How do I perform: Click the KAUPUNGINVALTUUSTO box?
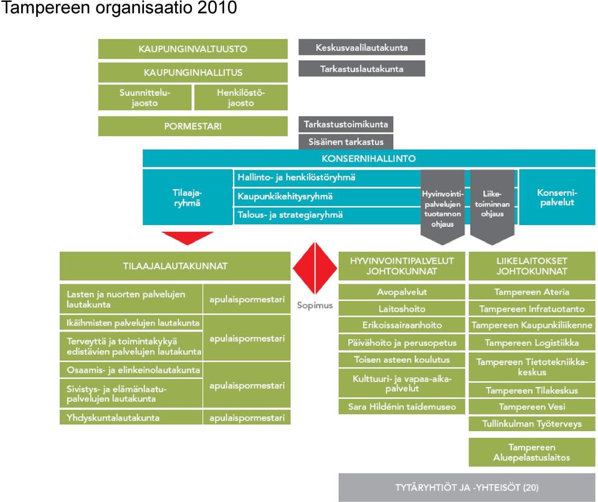click(x=192, y=49)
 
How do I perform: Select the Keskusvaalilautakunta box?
click(x=361, y=47)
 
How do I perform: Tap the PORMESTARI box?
click(x=192, y=126)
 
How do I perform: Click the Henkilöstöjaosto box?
click(x=240, y=98)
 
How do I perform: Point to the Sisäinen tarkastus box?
click(x=346, y=142)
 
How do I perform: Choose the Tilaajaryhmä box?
click(x=187, y=197)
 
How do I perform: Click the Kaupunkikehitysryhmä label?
click(x=285, y=196)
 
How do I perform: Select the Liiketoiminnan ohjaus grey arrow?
click(x=492, y=206)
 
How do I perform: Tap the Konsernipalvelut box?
click(x=557, y=197)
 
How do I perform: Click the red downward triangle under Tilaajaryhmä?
click(x=187, y=237)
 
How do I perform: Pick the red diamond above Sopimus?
click(x=315, y=268)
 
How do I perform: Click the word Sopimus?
click(x=315, y=305)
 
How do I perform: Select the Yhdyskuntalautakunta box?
click(x=131, y=417)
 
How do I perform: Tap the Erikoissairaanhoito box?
click(x=402, y=325)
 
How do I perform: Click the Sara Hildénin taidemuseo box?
click(x=402, y=406)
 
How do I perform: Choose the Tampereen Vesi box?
click(x=531, y=406)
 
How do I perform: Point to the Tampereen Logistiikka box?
click(x=531, y=342)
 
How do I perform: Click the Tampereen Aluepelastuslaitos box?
click(x=531, y=452)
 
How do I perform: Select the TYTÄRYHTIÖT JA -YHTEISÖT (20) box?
click(x=467, y=487)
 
